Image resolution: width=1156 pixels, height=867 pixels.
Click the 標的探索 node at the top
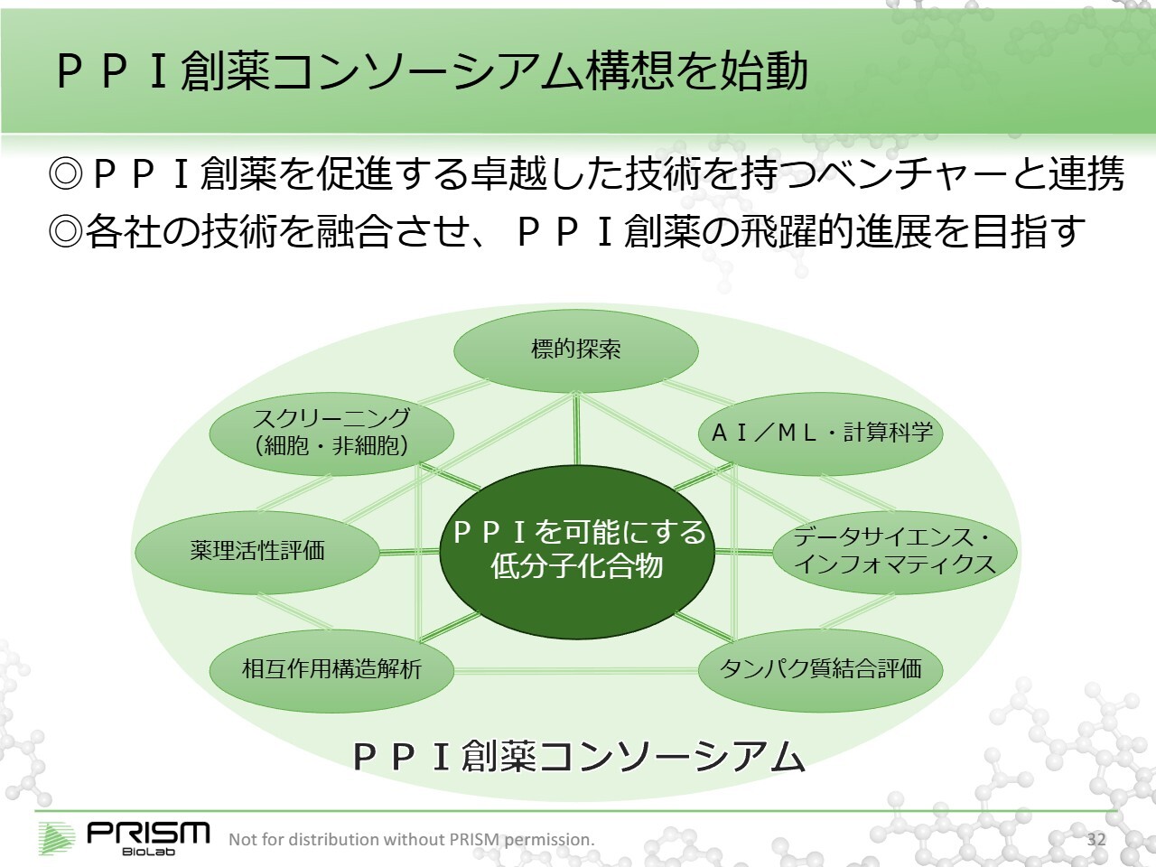point(575,350)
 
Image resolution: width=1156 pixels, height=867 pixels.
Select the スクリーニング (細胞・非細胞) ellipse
point(331,433)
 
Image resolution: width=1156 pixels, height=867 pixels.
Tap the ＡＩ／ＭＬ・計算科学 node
point(820,433)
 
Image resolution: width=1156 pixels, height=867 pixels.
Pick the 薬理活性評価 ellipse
point(257,551)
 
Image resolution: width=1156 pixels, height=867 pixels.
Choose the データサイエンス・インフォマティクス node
point(894,551)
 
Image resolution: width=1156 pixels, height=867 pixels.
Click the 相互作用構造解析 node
point(331,669)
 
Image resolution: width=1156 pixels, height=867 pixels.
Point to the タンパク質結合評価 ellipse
point(820,669)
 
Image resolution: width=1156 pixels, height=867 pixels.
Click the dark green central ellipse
point(576,551)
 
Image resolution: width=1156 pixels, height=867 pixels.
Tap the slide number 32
point(1096,839)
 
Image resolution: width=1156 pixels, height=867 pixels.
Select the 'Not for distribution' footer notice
point(412,839)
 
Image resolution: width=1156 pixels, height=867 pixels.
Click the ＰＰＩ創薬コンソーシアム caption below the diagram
point(578,757)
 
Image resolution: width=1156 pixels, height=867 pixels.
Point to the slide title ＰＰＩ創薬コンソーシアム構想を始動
point(432,71)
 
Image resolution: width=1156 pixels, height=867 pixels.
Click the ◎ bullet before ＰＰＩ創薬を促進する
point(65,173)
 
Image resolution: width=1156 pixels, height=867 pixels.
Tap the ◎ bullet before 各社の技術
point(65,232)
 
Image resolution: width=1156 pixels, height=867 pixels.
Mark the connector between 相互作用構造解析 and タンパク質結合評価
point(575,670)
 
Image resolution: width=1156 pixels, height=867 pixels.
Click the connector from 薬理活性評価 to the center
point(409,552)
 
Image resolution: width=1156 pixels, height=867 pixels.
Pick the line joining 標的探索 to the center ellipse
point(576,429)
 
